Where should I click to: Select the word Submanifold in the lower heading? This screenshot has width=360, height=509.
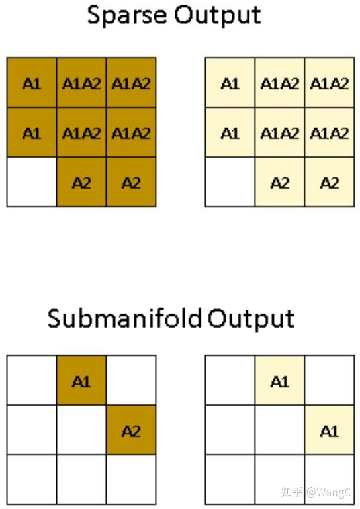pyautogui.click(x=124, y=319)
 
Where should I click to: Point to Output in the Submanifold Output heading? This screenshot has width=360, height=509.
pyautogui.click(x=251, y=319)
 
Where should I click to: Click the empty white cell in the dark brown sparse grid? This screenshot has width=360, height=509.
pyautogui.click(x=32, y=182)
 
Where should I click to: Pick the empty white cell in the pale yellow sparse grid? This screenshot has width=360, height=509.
pyautogui.click(x=230, y=182)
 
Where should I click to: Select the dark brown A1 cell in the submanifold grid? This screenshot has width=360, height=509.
pyautogui.click(x=81, y=381)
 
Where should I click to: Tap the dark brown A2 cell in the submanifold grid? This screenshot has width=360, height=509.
pyautogui.click(x=130, y=431)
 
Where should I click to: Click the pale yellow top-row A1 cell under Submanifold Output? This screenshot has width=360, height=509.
pyautogui.click(x=279, y=381)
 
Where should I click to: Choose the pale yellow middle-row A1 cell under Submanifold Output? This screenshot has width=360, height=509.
pyautogui.click(x=329, y=431)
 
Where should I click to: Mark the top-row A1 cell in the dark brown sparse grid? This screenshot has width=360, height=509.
pyautogui.click(x=32, y=83)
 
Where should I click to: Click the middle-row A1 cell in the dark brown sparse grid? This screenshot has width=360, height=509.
pyautogui.click(x=32, y=132)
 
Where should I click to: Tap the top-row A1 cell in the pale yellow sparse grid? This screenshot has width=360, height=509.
pyautogui.click(x=230, y=83)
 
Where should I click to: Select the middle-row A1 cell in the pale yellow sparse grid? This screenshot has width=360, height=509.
pyautogui.click(x=230, y=132)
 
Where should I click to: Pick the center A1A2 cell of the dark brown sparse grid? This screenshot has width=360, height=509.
pyautogui.click(x=81, y=132)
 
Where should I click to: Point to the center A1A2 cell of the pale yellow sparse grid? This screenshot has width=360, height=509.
pyautogui.click(x=279, y=132)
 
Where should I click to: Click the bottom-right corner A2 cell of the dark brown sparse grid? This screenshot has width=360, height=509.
pyautogui.click(x=130, y=182)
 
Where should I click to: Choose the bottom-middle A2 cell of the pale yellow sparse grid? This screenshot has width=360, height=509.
pyautogui.click(x=279, y=182)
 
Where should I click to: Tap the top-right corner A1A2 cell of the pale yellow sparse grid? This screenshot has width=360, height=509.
pyautogui.click(x=329, y=83)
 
